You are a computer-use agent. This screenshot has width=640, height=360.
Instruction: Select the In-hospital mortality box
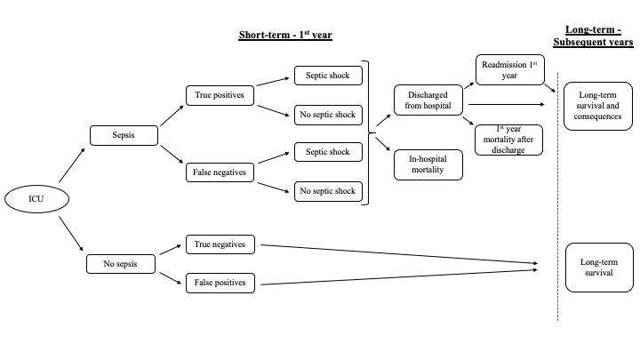click(428, 164)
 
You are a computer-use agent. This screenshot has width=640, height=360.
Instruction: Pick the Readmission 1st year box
click(508, 70)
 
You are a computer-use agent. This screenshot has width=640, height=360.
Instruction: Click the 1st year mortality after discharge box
click(508, 138)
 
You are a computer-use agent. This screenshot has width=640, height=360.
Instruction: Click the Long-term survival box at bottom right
click(596, 268)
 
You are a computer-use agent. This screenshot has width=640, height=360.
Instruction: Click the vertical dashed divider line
click(556, 196)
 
